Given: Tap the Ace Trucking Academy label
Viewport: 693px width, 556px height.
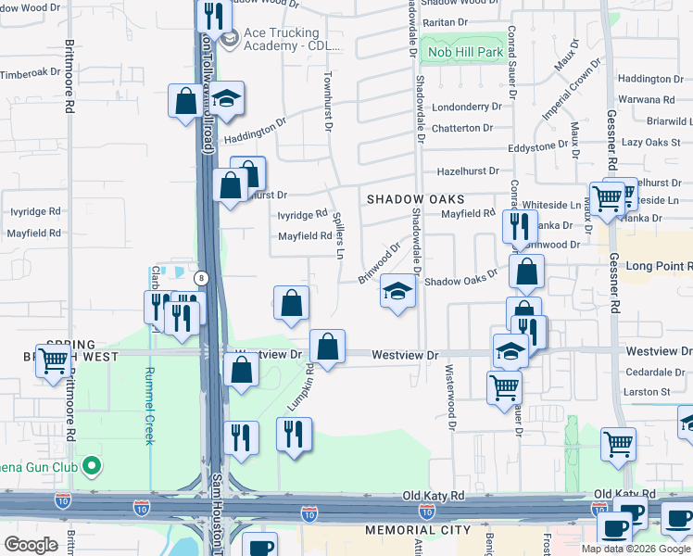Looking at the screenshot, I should click(x=291, y=39).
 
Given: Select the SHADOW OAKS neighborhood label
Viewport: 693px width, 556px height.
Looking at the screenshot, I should click(x=415, y=199).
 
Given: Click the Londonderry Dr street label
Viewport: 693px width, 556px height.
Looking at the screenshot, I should click(x=466, y=107).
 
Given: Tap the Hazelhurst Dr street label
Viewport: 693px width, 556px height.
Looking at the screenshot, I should click(x=468, y=171).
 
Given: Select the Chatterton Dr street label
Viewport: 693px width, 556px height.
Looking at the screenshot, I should click(x=468, y=128).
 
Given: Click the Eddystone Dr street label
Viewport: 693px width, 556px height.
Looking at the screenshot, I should click(x=538, y=146).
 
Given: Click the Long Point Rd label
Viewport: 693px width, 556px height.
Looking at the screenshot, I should click(x=658, y=267).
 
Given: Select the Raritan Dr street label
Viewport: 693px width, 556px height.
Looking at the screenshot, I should click(x=448, y=21).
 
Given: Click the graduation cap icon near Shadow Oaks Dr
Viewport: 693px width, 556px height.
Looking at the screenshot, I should click(x=397, y=292).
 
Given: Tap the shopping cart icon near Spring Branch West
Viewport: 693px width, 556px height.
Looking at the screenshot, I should click(x=54, y=360).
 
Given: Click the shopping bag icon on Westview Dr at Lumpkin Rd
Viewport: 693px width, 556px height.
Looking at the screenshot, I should click(x=327, y=347).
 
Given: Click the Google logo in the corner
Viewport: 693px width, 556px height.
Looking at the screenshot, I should click(x=31, y=545).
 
